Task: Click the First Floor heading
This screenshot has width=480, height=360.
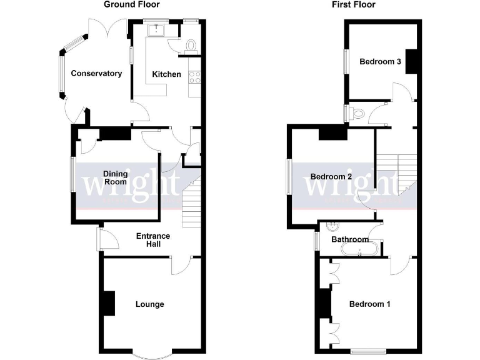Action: pyautogui.click(x=354, y=5)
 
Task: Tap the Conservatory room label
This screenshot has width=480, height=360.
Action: pyautogui.click(x=96, y=74)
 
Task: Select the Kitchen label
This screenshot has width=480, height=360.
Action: pyautogui.click(x=167, y=74)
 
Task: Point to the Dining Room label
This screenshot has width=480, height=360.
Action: pyautogui.click(x=116, y=178)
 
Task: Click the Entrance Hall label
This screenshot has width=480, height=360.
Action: pyautogui.click(x=153, y=239)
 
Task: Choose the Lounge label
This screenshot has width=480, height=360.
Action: pyautogui.click(x=150, y=304)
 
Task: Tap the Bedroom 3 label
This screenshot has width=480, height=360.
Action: pyautogui.click(x=380, y=62)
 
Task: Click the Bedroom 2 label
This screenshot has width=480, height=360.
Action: pyautogui.click(x=331, y=177)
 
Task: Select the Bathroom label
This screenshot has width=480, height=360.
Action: pyautogui.click(x=350, y=239)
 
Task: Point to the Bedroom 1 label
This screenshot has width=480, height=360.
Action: pyautogui.click(x=369, y=304)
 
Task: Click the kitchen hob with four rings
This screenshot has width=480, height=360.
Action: pyautogui.click(x=194, y=78)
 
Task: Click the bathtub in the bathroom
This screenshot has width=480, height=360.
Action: pyautogui.click(x=359, y=250)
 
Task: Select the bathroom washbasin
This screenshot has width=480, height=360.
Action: pyautogui.click(x=332, y=226)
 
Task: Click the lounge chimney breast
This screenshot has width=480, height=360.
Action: pyautogui.click(x=109, y=304)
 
